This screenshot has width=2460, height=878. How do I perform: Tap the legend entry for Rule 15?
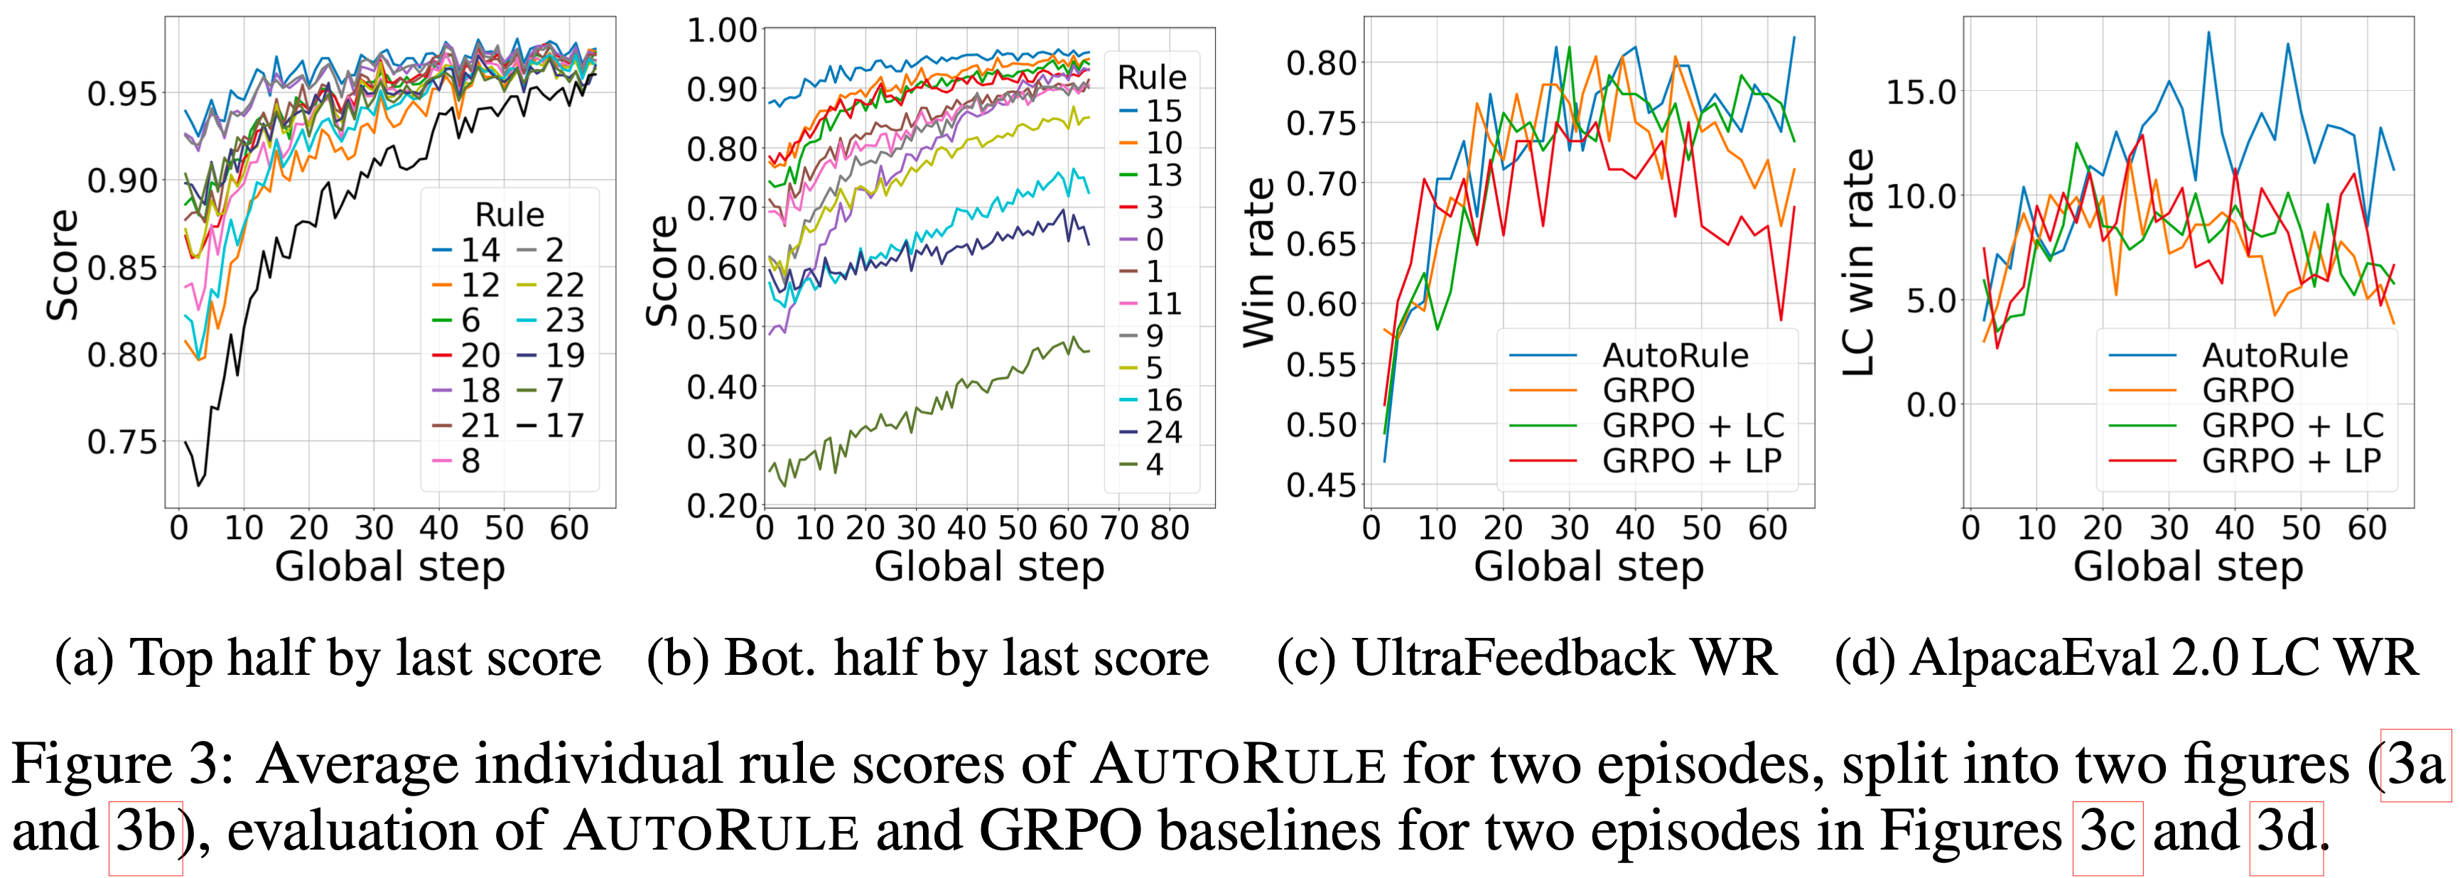1150,111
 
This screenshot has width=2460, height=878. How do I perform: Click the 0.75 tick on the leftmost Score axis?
122,443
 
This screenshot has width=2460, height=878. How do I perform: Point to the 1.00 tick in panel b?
722,31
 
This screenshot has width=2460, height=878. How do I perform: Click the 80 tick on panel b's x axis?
1169,528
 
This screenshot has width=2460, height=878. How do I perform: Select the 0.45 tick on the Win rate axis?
1322,484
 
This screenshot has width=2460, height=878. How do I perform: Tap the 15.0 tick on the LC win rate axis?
1921,92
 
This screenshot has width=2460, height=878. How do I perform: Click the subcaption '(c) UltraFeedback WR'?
1526,658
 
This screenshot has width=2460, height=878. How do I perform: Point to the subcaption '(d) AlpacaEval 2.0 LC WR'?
2126,658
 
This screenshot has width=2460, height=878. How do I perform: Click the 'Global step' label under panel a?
389,567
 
